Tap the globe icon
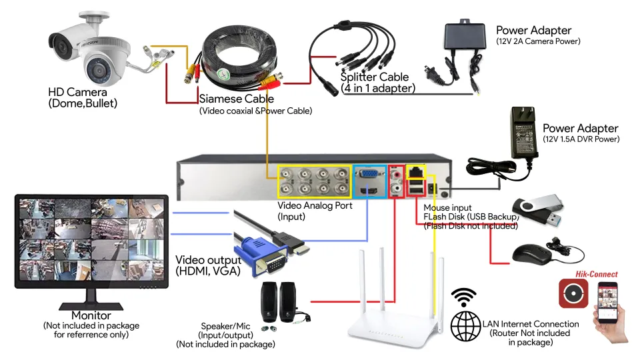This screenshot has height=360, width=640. (x=465, y=326)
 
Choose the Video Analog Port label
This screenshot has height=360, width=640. (x=315, y=206)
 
